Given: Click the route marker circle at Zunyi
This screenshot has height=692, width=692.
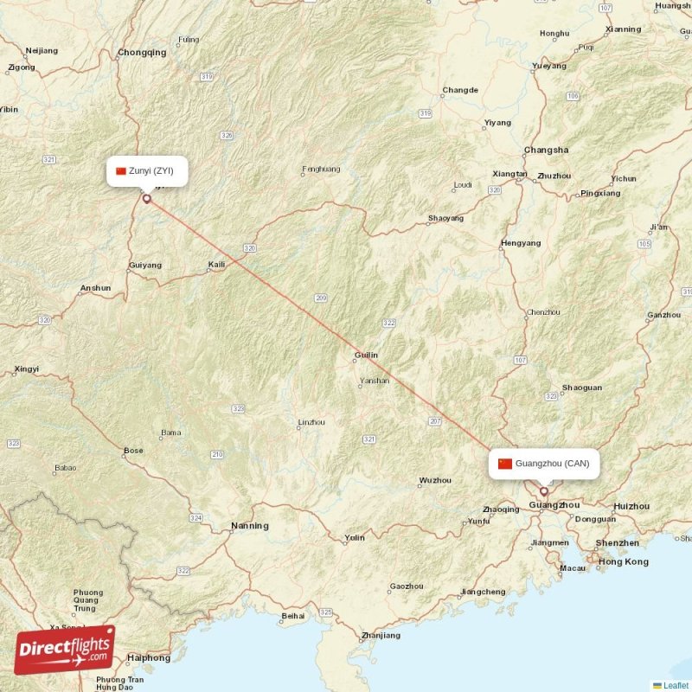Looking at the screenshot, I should click(x=146, y=199).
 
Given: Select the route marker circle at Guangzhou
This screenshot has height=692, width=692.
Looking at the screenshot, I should click(x=544, y=491).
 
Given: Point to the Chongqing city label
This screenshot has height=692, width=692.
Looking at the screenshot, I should click(x=142, y=53).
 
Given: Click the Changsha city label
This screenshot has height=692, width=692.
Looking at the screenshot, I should click(x=546, y=150).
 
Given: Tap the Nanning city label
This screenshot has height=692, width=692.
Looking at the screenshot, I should click(x=249, y=526).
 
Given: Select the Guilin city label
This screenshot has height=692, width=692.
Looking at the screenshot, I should click(x=366, y=356).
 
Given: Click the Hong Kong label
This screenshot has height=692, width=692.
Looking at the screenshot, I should click(x=623, y=562).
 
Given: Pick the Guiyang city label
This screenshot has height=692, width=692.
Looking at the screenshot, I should click(x=144, y=266).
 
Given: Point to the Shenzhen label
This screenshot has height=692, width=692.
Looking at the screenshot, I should click(x=617, y=543).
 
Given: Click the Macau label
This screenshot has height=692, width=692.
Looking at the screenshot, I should click(x=573, y=568).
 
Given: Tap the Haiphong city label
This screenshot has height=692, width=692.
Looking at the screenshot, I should click(x=149, y=658).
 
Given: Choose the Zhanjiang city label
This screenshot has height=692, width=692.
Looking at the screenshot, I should click(x=381, y=636).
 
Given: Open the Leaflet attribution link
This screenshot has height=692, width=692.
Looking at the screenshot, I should click(x=676, y=685).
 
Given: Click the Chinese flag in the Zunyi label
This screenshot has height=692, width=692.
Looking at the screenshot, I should click(x=121, y=171).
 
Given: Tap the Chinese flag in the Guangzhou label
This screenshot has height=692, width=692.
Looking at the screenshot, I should click(x=505, y=464).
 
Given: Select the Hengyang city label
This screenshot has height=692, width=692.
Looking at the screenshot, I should click(x=521, y=243).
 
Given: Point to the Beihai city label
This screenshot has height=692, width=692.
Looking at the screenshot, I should click(x=293, y=617).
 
